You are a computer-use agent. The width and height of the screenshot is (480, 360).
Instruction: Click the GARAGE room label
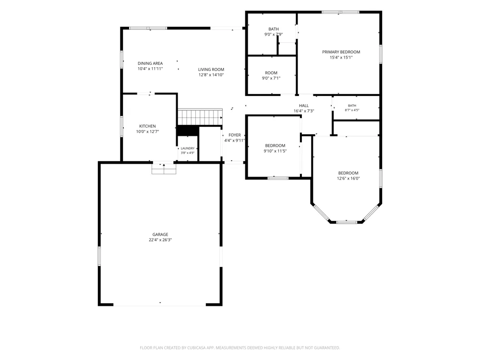coord(160,235)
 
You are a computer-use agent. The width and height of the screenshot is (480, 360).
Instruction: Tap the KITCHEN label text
coord(147,126)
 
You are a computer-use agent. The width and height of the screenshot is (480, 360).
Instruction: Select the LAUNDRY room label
coord(188,148)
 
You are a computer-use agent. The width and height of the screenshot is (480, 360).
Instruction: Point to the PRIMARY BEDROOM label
coord(341,52)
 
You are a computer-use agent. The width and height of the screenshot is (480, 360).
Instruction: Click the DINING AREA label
coord(150,63)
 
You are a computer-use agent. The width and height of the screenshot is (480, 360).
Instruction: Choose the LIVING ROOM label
coord(211,70)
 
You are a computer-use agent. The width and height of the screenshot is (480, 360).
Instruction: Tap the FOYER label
coord(235,135)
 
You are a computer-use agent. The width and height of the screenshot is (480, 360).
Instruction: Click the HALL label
coord(304,106)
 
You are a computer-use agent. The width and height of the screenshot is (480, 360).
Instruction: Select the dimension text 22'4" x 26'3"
coord(160,240)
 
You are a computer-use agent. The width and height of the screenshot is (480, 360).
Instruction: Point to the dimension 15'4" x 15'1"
coord(341,58)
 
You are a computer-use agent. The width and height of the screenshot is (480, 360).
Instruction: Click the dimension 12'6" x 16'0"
coord(348,179)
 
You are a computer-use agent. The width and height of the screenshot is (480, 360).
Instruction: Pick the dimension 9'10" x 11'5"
coord(275,151)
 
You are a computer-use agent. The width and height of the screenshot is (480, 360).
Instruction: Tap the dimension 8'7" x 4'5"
coord(352,110)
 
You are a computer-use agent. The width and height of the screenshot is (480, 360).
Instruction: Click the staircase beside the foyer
coord(200,117)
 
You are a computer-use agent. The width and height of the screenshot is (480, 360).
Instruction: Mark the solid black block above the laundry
coord(188,131)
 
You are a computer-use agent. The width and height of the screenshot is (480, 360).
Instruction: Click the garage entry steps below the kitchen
coord(164,168)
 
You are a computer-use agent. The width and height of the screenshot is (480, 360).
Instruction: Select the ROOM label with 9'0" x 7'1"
coord(271,73)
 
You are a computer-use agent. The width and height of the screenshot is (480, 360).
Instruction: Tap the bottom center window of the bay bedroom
coord(347,222)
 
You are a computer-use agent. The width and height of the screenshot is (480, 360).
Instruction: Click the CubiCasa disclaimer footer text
coord(240,348)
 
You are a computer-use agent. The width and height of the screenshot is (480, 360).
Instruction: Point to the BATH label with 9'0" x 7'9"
coord(274,29)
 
